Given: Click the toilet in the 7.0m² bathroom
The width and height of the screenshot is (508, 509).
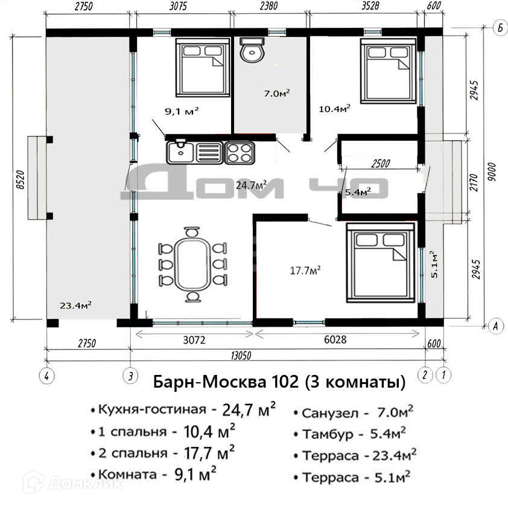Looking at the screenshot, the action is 252,50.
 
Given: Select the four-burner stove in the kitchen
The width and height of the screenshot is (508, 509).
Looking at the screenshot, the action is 240,153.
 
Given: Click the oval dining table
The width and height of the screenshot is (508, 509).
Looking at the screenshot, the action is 192,264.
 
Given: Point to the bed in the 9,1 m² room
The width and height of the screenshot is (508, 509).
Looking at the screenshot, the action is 203,68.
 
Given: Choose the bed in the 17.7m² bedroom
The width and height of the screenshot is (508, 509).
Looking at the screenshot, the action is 381,263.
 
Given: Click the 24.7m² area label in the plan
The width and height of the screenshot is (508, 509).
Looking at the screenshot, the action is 251,185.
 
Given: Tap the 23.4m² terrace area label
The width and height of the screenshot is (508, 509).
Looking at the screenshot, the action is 75,305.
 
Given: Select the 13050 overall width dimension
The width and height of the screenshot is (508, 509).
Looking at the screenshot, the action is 241,356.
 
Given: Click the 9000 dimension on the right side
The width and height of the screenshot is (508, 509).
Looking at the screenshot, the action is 492,172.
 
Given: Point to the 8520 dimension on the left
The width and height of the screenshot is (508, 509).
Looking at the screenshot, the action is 20,179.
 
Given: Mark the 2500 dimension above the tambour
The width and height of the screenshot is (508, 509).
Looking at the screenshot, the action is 381,163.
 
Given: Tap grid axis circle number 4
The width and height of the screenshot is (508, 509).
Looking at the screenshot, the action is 46,376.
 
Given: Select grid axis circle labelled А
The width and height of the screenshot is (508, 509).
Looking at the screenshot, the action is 496,325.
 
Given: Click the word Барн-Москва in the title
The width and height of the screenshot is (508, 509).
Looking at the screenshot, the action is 209,382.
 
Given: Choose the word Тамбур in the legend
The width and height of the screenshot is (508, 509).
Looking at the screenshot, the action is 328,434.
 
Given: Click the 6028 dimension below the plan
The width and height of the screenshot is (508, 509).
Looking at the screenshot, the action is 335,339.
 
